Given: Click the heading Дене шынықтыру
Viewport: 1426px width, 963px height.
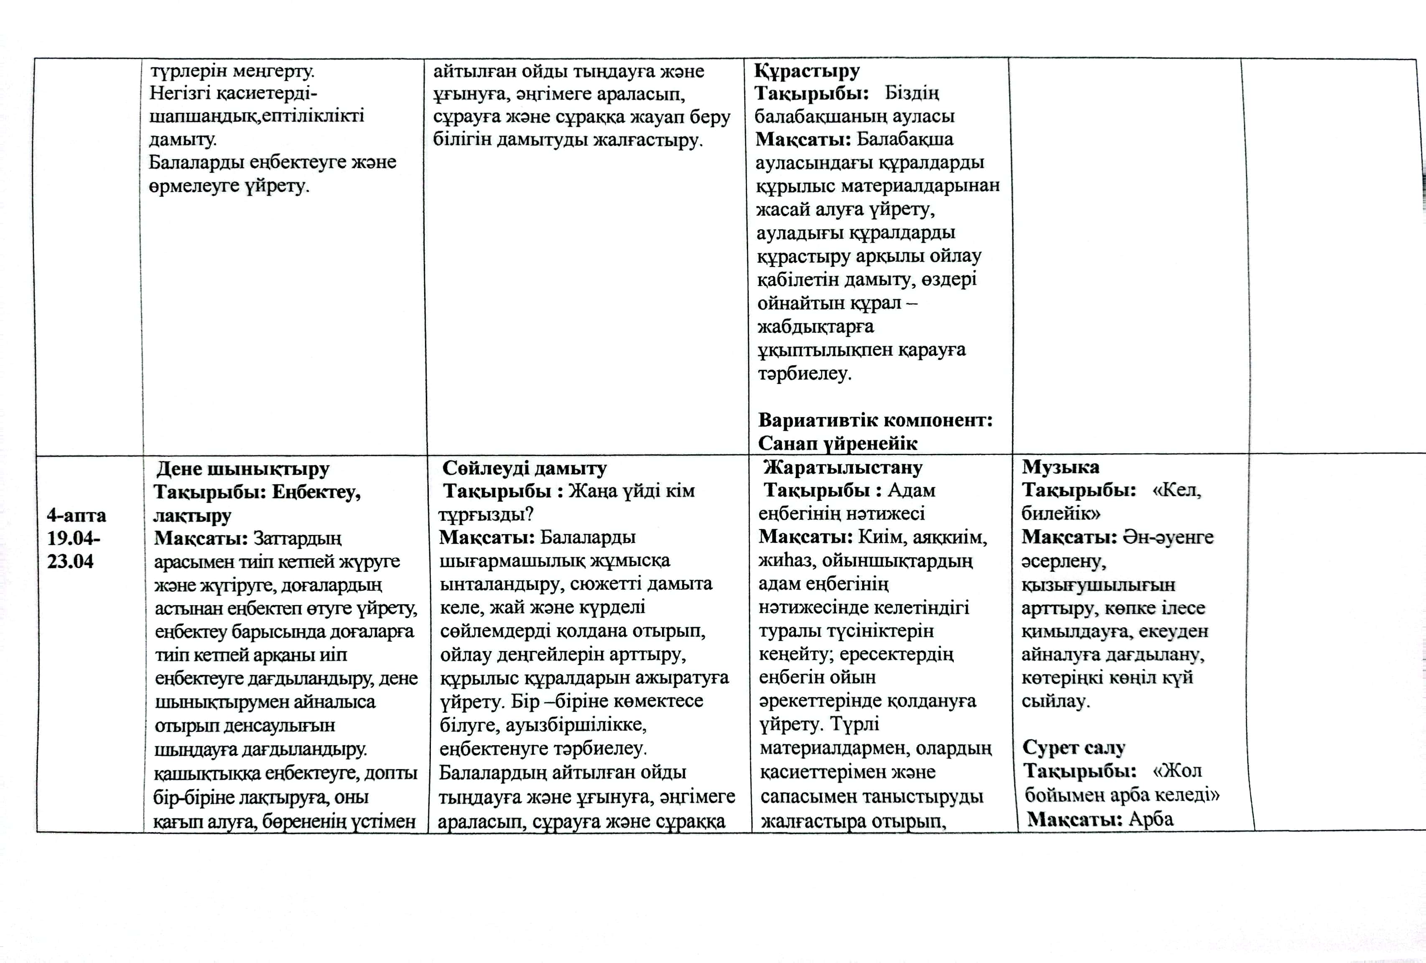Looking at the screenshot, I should pyautogui.click(x=242, y=469).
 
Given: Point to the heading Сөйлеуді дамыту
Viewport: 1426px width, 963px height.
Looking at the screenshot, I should pyautogui.click(x=525, y=468).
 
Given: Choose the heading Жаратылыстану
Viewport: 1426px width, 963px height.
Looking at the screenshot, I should pyautogui.click(x=843, y=468).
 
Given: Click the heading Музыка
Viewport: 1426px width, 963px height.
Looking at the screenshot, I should pyautogui.click(x=1060, y=467).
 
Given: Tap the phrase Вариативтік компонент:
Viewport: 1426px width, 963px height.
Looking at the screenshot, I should pyautogui.click(x=875, y=420).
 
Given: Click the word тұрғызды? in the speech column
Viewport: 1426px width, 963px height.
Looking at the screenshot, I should pyautogui.click(x=486, y=514).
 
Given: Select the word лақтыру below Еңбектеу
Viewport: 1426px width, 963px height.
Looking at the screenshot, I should pyautogui.click(x=192, y=515).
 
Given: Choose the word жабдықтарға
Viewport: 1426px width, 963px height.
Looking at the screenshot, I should pyautogui.click(x=815, y=326).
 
